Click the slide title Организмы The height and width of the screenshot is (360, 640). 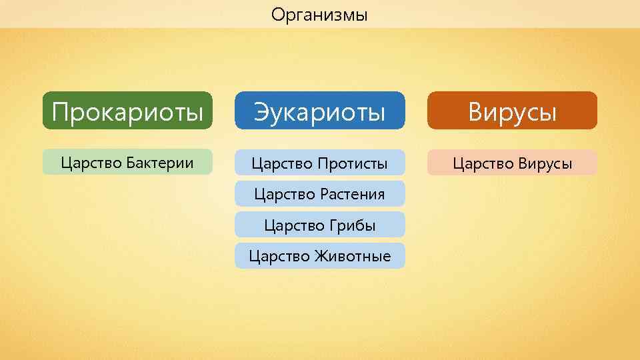pyautogui.click(x=319, y=14)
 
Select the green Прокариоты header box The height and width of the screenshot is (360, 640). pyautogui.click(x=127, y=111)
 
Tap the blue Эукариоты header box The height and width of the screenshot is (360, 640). pyautogui.click(x=319, y=111)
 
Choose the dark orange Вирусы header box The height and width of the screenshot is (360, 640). pyautogui.click(x=512, y=111)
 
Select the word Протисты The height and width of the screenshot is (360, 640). pyautogui.click(x=353, y=163)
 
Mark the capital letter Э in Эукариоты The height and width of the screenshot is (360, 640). pyautogui.click(x=261, y=111)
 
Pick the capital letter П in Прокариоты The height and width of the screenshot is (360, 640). pyautogui.click(x=61, y=111)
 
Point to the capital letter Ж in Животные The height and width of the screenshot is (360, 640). pyautogui.click(x=325, y=256)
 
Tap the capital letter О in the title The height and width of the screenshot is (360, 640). pyautogui.click(x=277, y=14)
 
